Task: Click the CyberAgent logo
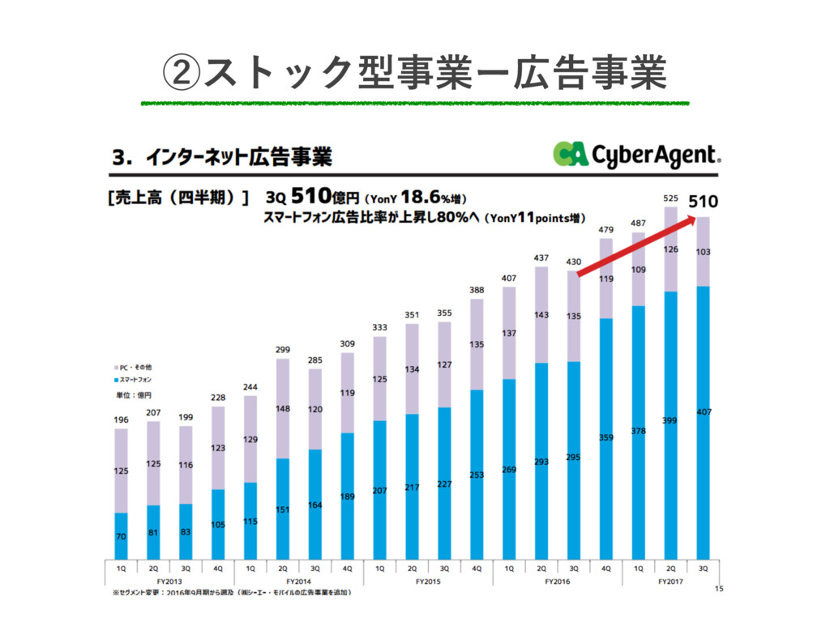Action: coord(636,154)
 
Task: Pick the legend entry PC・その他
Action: coord(132,367)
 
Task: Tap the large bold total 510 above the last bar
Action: coord(703,200)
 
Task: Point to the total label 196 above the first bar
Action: coord(120,419)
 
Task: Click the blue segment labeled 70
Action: coord(121,535)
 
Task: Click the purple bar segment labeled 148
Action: coord(283,408)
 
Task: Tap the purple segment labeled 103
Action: coord(704,252)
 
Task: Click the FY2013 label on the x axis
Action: coord(169,582)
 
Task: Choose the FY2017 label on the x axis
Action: coord(671,582)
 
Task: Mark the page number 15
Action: coord(717,589)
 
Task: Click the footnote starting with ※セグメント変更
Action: coord(231,593)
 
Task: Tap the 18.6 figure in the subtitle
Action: coord(421,197)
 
